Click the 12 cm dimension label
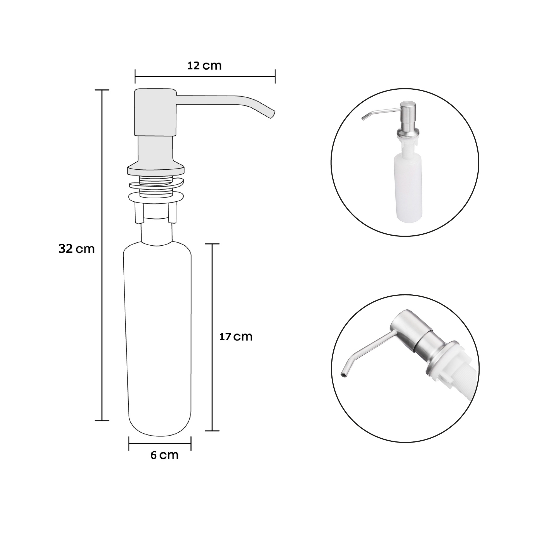click(x=204, y=66)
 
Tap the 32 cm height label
click(x=76, y=248)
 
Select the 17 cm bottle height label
click(x=236, y=336)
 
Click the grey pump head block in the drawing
click(x=155, y=113)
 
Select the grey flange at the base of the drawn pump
click(x=156, y=170)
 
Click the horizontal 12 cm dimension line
click(x=205, y=77)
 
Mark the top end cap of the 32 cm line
click(x=102, y=90)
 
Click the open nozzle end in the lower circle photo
click(x=344, y=375)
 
